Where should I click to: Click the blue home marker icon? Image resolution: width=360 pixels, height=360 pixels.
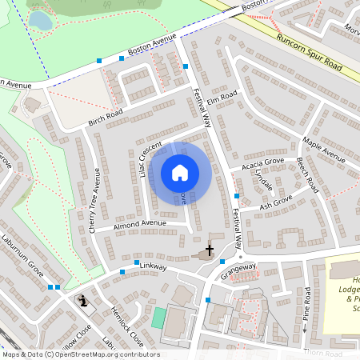click(x=180, y=173)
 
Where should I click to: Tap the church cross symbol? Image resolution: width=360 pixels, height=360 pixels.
click(x=210, y=250)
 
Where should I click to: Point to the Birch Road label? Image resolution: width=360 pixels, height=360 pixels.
click(x=105, y=118)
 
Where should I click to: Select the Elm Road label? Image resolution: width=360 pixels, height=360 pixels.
click(x=222, y=99)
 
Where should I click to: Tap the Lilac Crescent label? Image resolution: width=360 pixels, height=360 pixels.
click(x=148, y=158)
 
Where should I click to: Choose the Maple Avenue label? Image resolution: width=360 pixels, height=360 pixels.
click(x=323, y=150)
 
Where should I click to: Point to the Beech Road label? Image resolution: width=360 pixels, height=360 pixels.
click(x=307, y=175)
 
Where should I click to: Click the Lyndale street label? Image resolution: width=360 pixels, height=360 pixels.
click(x=263, y=183)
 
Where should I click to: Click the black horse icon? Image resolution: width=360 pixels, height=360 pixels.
click(x=82, y=302)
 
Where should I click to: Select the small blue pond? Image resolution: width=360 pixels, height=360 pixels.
click(x=40, y=21)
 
